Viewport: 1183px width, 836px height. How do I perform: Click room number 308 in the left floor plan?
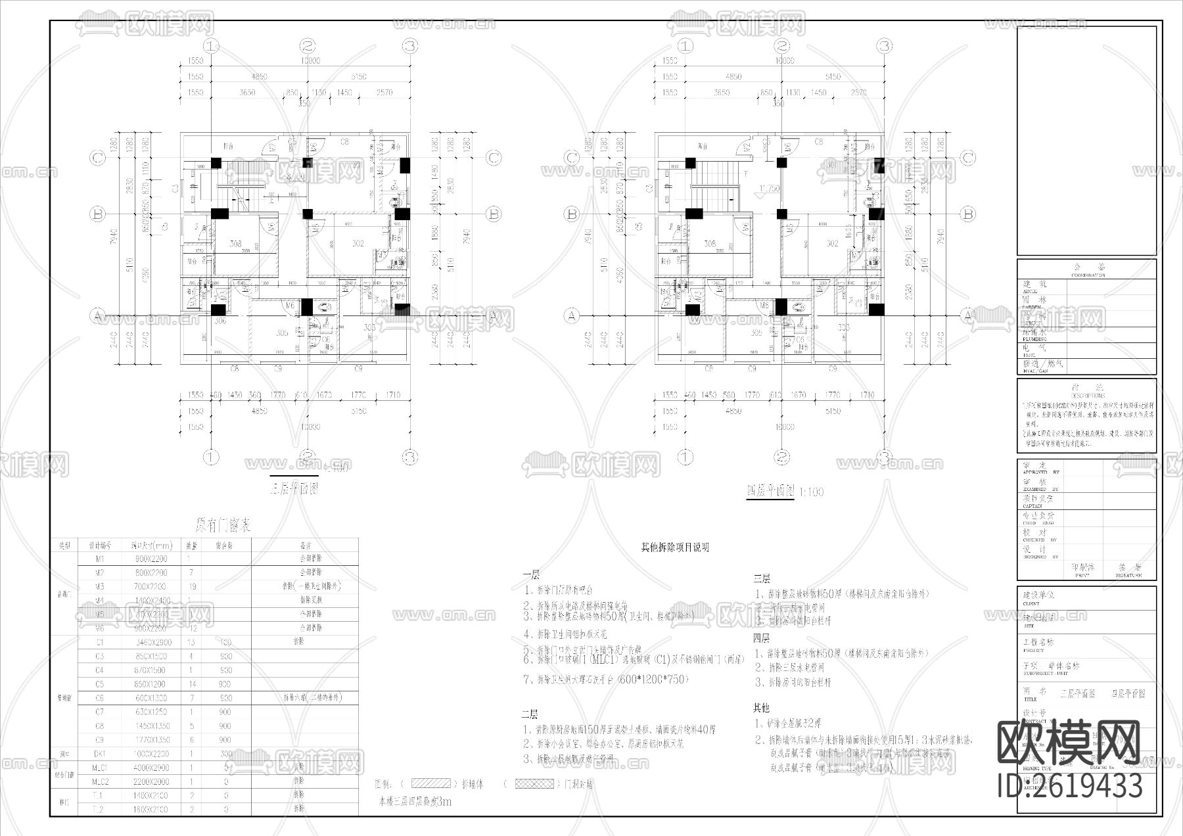pos(235,244)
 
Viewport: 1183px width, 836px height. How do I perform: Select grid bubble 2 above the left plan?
pos(308,46)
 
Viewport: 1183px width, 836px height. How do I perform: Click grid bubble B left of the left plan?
pos(98,214)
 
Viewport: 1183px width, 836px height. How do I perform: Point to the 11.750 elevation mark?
pos(768,189)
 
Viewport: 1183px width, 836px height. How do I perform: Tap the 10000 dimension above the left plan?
pos(310,60)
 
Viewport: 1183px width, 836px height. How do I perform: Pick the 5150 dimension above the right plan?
pos(833,77)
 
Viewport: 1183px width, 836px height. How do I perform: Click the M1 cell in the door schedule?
pos(100,559)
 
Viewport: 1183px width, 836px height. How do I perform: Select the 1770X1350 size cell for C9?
pos(150,739)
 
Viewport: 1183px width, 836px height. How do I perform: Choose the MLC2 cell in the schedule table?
pos(100,781)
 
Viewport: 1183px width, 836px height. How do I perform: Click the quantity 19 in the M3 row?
pos(191,586)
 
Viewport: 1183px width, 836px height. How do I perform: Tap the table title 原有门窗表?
pos(223,526)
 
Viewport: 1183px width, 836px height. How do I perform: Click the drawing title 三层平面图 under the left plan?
pos(294,489)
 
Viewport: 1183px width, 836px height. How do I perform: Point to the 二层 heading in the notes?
pos(530,714)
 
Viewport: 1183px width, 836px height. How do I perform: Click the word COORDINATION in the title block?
pos(1088,275)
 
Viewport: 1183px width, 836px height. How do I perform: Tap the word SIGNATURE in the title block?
pos(1129,575)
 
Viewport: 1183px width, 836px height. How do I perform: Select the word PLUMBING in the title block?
pos(1034,339)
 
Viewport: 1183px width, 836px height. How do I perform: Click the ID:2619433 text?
pos(1070,785)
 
